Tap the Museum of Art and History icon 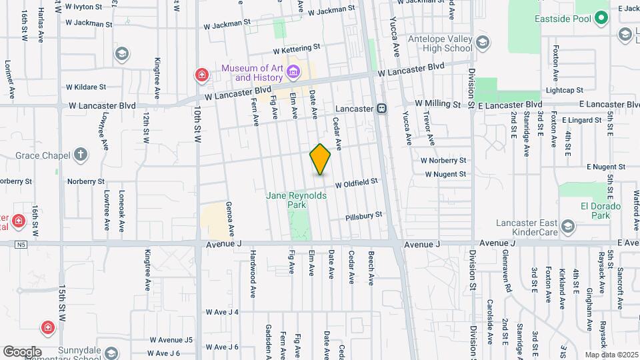tap(293, 71)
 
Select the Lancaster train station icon tap(381, 108)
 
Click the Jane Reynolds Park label tap(297, 200)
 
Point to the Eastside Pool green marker tap(601, 18)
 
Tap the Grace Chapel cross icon tap(81, 155)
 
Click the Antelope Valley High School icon tap(483, 43)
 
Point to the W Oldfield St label tap(356, 182)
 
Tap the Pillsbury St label tap(364, 216)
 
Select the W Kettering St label tap(296, 49)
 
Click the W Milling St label tap(438, 104)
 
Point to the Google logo tap(22, 351)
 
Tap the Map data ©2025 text tap(610, 355)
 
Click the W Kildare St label tap(86, 87)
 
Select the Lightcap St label tap(564, 90)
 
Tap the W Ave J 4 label tap(222, 311)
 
